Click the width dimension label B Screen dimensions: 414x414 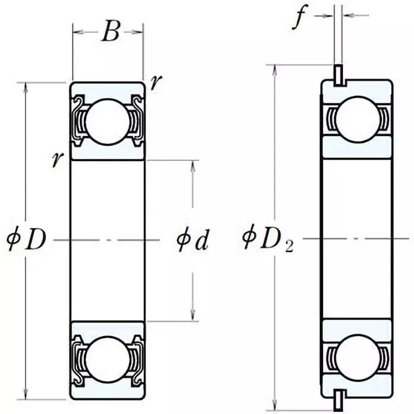[110, 32]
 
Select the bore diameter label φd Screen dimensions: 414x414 [192, 240]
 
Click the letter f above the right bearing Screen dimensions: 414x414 [299, 18]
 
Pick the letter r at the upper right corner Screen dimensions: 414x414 [154, 82]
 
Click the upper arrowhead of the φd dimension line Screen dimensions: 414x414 [193, 165]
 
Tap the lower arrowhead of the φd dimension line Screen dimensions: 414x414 [193, 317]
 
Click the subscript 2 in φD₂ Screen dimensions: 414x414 [288, 246]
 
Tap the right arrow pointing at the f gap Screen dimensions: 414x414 [347, 16]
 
